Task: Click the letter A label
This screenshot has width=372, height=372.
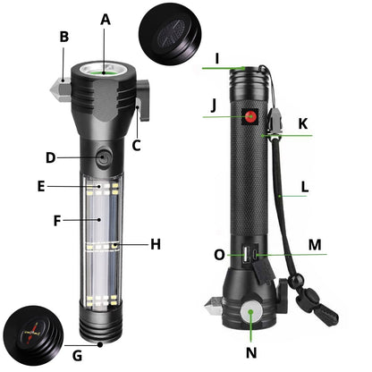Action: (106, 19)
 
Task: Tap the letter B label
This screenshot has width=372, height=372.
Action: (63, 37)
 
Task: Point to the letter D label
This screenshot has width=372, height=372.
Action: (51, 159)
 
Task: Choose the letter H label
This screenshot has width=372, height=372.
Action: (155, 243)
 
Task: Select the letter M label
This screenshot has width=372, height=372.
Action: (315, 243)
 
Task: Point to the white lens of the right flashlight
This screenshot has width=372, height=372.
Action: (251, 314)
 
